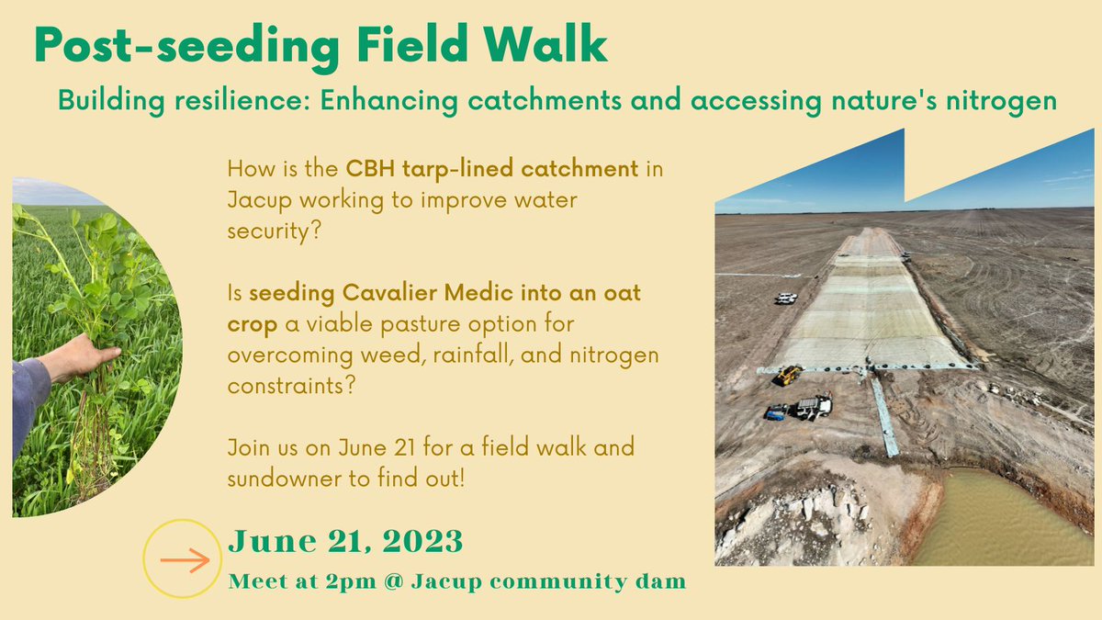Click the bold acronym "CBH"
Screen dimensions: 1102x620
point(370,169)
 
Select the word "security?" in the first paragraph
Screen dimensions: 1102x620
point(274,231)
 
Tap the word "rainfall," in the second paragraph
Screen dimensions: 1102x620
point(473,355)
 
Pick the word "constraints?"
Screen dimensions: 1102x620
point(291,386)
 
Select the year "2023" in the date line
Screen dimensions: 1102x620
point(422,541)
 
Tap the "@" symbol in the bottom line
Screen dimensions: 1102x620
point(394,581)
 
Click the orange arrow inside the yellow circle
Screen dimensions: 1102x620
point(185,560)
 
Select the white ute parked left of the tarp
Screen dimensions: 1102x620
point(786,299)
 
